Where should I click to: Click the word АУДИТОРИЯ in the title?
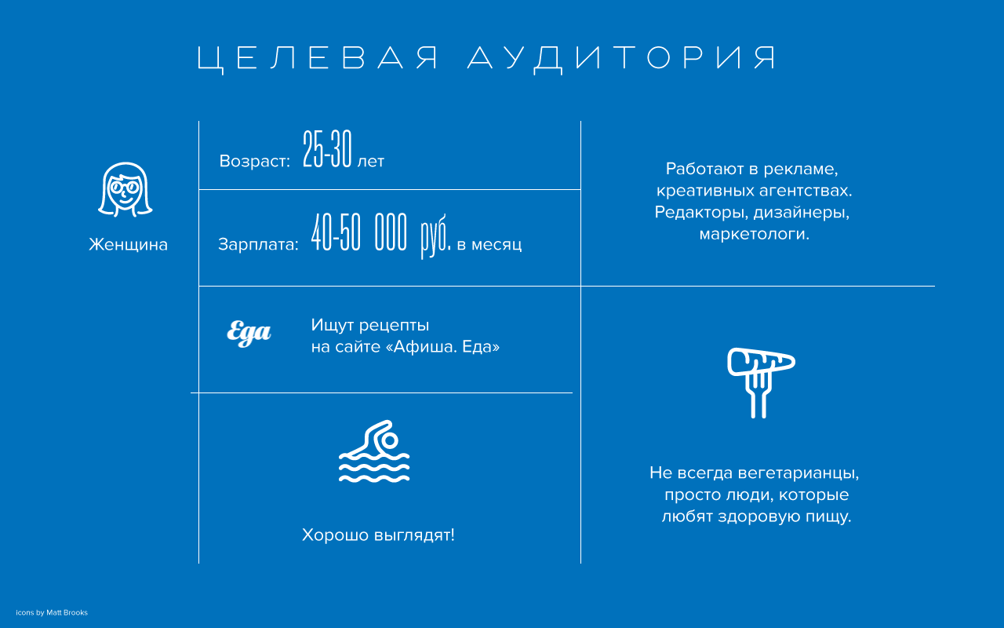622,58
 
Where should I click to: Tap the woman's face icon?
125,190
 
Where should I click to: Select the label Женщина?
128,244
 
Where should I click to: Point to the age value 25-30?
327,149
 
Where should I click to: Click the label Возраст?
255,161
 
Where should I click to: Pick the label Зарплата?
258,244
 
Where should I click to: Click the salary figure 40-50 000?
359,232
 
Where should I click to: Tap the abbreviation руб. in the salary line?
435,235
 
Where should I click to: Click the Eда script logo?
249,334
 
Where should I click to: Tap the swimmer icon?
374,451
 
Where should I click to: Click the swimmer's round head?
390,440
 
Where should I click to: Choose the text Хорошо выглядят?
378,535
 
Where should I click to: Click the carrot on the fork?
761,361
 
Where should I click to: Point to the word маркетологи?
755,234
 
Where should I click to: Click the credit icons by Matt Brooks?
52,613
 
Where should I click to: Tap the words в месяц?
489,245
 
